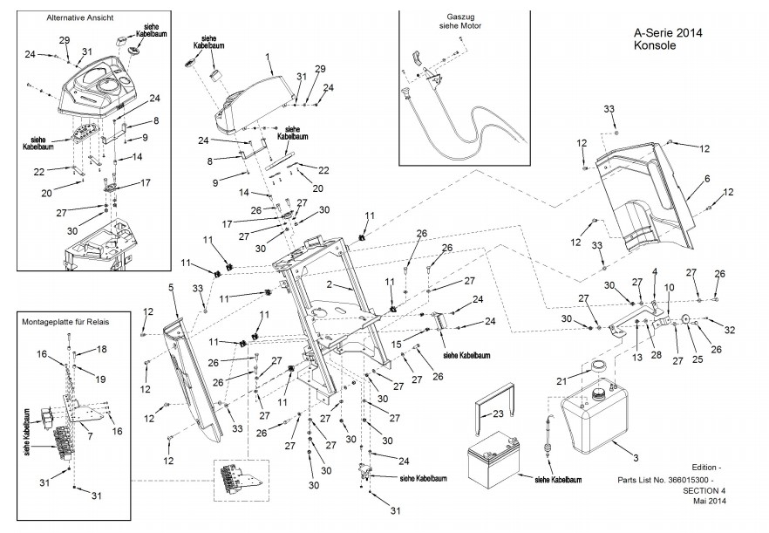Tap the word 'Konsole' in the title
pos(653,46)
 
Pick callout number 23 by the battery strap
pos(499,414)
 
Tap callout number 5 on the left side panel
pos(170,287)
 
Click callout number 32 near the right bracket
pos(730,330)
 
